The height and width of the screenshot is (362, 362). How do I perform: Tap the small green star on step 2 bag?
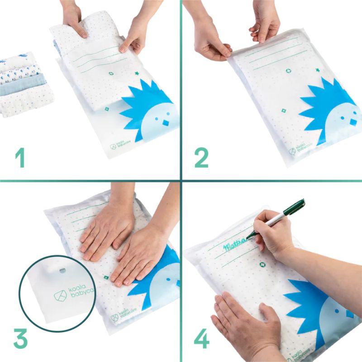tap(317, 70)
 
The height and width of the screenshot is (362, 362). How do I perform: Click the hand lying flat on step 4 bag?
tap(244, 321)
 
